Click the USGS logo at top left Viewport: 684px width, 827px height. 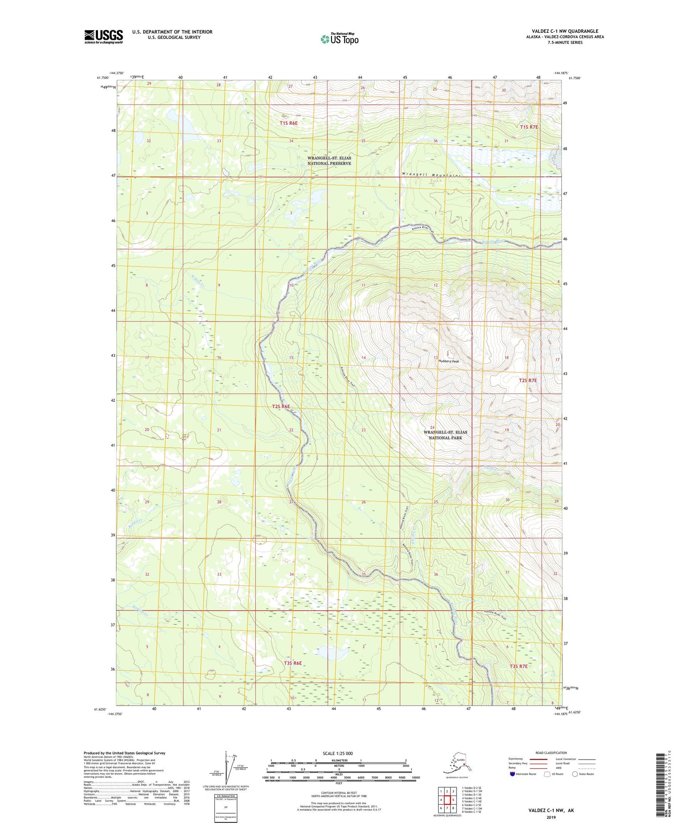[x=104, y=36]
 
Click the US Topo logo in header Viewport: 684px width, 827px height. [x=339, y=39]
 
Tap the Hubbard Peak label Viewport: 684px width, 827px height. [x=448, y=361]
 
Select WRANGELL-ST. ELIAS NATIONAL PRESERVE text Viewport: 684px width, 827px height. [x=329, y=161]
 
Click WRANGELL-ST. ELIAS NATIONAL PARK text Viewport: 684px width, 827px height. [x=445, y=435]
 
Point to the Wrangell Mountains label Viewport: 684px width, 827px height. [x=431, y=175]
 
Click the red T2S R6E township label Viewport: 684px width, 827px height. [x=281, y=406]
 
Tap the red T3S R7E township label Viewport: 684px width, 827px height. [x=518, y=666]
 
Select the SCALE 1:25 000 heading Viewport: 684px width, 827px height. [x=337, y=754]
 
